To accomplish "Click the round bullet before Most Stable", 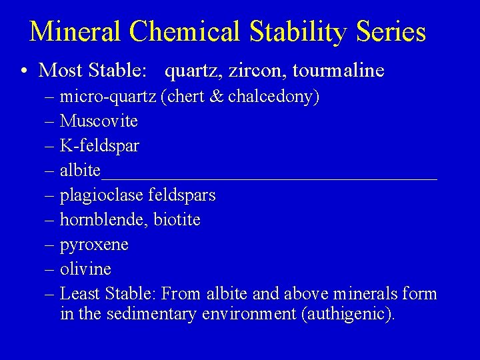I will click(x=24, y=71).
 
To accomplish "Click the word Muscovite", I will click(x=99, y=121).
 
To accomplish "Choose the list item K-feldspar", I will click(x=99, y=145).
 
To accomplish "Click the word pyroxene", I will click(x=94, y=245).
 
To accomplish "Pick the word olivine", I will click(x=85, y=269).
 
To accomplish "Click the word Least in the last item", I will click(x=79, y=293).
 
